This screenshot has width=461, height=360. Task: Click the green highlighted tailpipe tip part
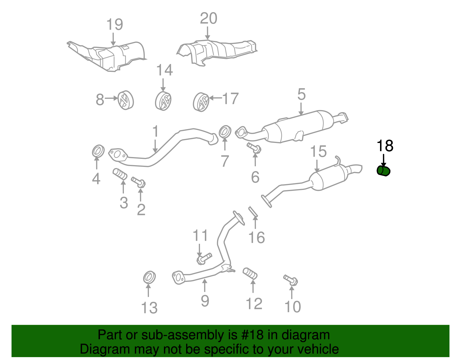tap(383, 171)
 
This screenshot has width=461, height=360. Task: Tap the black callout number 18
tap(385, 146)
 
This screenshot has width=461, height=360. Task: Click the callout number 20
tap(209, 18)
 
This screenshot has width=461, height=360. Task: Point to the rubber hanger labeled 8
tap(126, 100)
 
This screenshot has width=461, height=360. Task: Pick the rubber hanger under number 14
tap(163, 101)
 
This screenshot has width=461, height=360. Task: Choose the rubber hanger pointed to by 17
tap(201, 102)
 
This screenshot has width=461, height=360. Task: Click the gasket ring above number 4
tap(98, 151)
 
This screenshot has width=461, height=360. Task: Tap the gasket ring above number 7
tap(225, 132)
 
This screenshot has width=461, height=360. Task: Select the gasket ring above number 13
tap(149, 278)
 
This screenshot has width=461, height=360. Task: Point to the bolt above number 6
tap(254, 148)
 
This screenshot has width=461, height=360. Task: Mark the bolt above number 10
tap(291, 280)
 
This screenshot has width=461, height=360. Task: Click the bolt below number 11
tap(204, 258)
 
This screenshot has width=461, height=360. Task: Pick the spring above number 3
tap(120, 174)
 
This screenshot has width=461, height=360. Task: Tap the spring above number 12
tap(250, 274)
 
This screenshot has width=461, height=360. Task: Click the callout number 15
tap(318, 151)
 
